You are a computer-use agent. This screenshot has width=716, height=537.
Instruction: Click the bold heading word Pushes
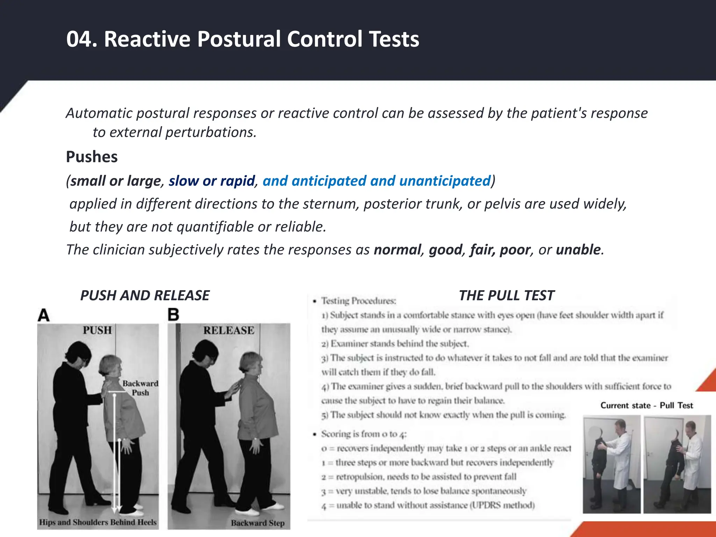pyautogui.click(x=92, y=157)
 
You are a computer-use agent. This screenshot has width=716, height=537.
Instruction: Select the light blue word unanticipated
pyautogui.click(x=445, y=181)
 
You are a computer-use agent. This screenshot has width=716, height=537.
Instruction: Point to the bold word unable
pyautogui.click(x=578, y=250)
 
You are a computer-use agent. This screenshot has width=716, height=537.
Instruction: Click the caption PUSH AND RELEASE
pyautogui.click(x=145, y=296)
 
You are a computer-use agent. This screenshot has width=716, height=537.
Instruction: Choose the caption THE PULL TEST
pyautogui.click(x=506, y=296)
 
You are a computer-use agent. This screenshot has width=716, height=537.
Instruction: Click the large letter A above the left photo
pyautogui.click(x=44, y=315)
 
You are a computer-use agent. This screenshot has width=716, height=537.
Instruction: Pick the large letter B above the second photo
pyautogui.click(x=173, y=315)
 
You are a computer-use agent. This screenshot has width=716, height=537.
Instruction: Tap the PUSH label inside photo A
pyautogui.click(x=97, y=330)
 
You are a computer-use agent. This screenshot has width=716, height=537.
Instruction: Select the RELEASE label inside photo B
pyautogui.click(x=229, y=330)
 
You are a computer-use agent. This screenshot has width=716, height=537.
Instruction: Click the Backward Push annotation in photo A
pyautogui.click(x=140, y=388)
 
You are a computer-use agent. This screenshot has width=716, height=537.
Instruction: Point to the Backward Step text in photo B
pyautogui.click(x=258, y=523)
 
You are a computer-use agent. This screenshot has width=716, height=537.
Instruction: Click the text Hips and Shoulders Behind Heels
pyautogui.click(x=98, y=522)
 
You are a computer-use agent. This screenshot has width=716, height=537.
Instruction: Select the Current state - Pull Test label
pyautogui.click(x=646, y=406)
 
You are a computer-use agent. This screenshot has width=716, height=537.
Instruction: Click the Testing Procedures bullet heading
pyautogui.click(x=358, y=301)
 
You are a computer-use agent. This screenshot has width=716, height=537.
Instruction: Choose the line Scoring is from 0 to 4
pyautogui.click(x=364, y=434)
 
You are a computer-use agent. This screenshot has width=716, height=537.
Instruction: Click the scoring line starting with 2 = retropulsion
pyautogui.click(x=419, y=477)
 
